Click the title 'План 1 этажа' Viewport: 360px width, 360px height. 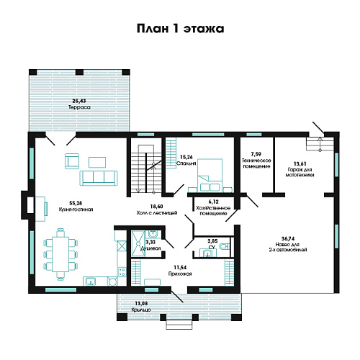[181, 29]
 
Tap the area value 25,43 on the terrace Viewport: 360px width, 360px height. [79, 101]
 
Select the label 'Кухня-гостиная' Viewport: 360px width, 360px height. [76, 210]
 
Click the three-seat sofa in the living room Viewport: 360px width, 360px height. [99, 178]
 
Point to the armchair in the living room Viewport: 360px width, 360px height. [72, 161]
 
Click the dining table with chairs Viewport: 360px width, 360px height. [60, 254]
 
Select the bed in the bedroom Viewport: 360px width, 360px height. [210, 175]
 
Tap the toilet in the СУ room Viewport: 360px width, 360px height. [225, 246]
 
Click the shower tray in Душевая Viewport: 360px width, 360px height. [138, 243]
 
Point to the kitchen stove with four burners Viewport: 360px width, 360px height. [122, 272]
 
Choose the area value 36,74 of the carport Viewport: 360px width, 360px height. [288, 238]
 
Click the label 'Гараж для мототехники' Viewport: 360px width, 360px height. [300, 172]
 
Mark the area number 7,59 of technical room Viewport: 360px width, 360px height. [256, 154]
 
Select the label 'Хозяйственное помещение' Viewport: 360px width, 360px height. [213, 210]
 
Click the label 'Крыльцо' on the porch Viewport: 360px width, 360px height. [141, 310]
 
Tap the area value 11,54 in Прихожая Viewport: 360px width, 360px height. [180, 267]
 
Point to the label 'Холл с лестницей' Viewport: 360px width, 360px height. [157, 212]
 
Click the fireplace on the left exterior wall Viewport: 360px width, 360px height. [27, 205]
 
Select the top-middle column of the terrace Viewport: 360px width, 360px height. [79, 72]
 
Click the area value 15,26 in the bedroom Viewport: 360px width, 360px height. [186, 157]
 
